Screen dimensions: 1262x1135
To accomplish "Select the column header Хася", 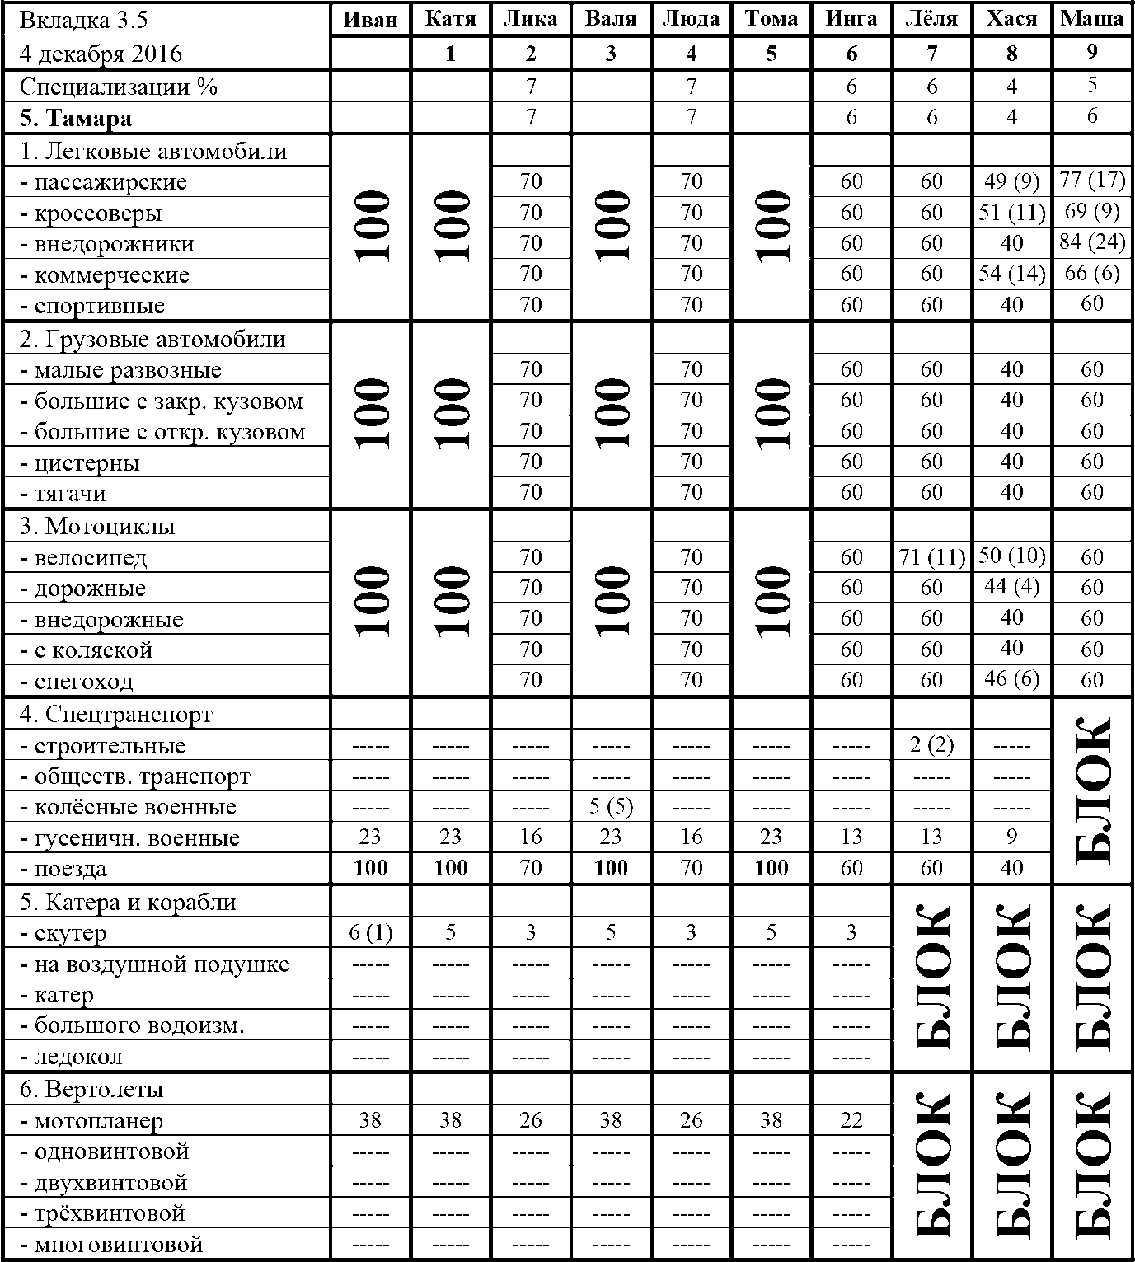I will point(1011,19).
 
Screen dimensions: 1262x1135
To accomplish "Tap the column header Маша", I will point(1091,19).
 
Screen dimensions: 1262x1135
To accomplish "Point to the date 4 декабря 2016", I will point(101,54).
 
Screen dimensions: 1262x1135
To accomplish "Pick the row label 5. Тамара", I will point(76,119).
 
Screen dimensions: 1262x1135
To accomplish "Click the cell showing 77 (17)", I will point(1091,181).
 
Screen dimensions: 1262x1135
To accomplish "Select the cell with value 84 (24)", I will point(1091,243).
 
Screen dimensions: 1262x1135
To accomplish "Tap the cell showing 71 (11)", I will point(931,558).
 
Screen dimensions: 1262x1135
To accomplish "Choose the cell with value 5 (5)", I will point(610,807).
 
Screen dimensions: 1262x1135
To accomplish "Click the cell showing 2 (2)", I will point(931,746).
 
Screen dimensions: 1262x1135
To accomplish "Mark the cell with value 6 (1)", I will point(370,933).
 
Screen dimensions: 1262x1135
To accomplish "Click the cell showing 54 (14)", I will point(1011,274).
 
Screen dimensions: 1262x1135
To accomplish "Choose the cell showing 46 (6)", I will point(1011,680).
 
